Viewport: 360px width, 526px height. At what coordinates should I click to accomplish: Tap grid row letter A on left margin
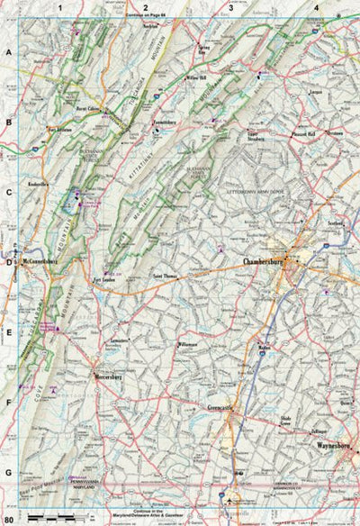9,53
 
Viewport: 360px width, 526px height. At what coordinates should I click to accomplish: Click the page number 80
9,520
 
